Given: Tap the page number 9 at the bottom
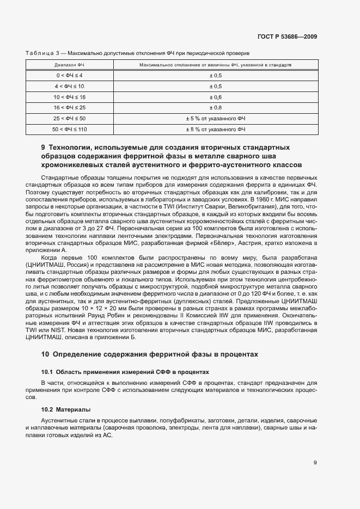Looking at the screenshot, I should (315, 462).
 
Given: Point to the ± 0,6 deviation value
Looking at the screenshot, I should (215, 96).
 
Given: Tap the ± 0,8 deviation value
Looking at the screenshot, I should (215, 107).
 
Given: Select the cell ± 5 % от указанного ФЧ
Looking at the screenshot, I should (215, 118).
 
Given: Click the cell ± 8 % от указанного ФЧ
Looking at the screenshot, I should (215, 129).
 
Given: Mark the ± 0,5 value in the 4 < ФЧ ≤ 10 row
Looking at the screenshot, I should (215, 86).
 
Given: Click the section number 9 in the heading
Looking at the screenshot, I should (44, 148).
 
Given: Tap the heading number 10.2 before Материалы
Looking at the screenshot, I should (47, 409).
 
